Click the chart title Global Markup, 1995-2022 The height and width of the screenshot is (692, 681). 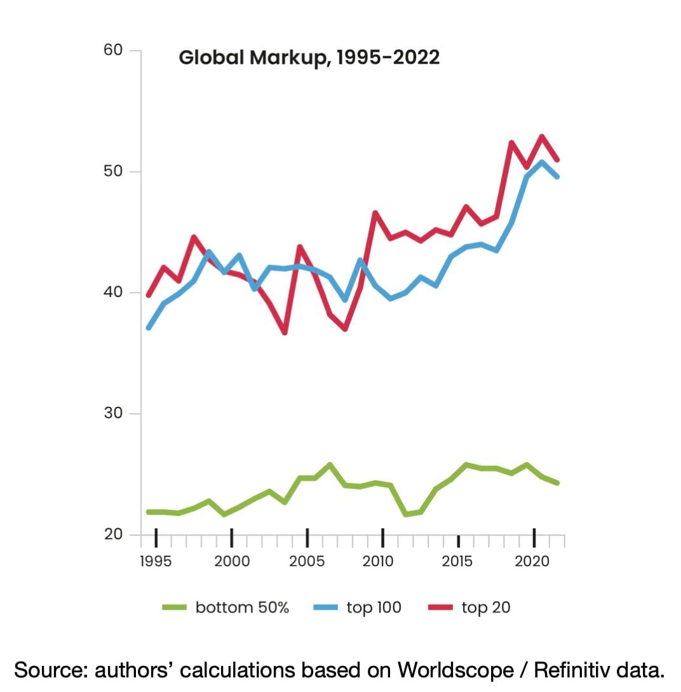[309, 58]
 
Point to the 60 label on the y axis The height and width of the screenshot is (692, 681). [114, 50]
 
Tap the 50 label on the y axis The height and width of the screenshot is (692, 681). [114, 171]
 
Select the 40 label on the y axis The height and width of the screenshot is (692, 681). [114, 293]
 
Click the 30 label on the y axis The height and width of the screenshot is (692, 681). [114, 414]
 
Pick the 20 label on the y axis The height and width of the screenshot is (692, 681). [114, 535]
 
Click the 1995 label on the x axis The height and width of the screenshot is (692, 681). [156, 561]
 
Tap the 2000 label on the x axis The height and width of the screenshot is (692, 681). [231, 561]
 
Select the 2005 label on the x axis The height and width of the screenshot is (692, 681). [307, 561]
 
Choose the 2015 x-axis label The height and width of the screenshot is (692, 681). [457, 561]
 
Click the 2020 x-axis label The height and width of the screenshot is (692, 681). [532, 561]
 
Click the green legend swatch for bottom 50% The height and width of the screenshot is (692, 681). [175, 608]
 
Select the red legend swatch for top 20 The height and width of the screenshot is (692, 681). [441, 608]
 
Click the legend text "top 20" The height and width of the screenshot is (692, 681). [486, 608]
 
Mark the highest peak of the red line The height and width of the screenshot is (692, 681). [542, 136]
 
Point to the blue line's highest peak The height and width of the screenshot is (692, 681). [542, 161]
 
